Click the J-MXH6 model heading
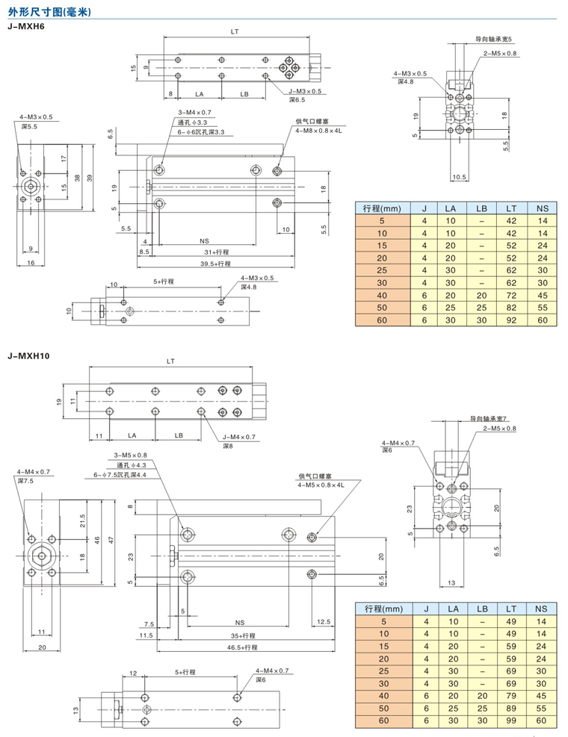click(26, 26)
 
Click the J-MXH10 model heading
click(28, 356)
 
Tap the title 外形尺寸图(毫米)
click(49, 12)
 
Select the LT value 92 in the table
click(511, 320)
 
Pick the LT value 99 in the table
click(511, 721)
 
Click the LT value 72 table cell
click(511, 295)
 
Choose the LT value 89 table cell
click(511, 709)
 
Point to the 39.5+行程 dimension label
click(215, 264)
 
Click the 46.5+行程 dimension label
click(242, 647)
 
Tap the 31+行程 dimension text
click(217, 252)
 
